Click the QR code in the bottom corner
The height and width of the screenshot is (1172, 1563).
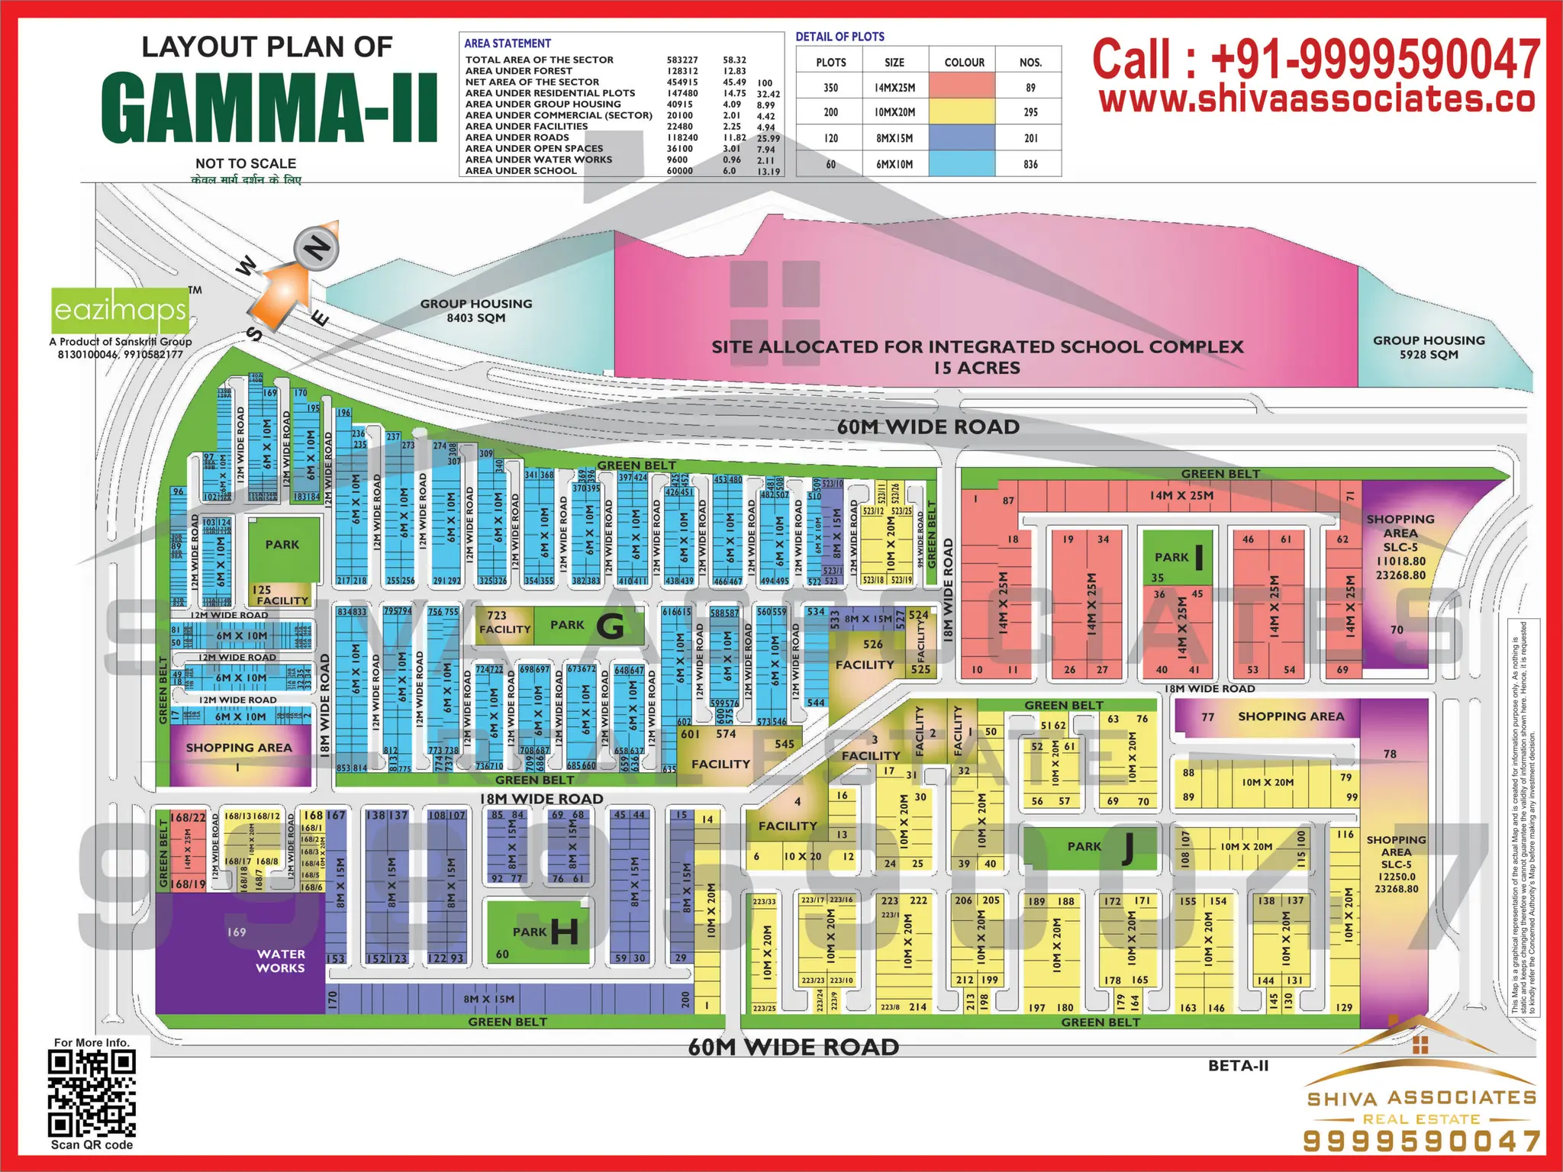[92, 1093]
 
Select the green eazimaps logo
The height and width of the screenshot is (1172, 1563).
[120, 311]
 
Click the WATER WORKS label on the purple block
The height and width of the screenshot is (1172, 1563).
[281, 961]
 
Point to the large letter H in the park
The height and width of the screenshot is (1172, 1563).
[564, 932]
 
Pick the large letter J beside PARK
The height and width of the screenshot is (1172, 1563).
[1127, 848]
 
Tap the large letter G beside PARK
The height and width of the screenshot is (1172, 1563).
[610, 626]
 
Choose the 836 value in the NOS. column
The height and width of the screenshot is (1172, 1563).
[1030, 164]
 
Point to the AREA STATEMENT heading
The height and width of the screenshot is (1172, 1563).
[508, 43]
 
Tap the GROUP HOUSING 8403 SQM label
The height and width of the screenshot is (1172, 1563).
[476, 311]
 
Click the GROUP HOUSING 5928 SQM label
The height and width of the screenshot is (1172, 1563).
[1429, 347]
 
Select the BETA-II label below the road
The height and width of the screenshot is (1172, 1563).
[1238, 1066]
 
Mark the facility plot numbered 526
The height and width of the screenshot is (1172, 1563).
[873, 645]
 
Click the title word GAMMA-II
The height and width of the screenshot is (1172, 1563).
[269, 108]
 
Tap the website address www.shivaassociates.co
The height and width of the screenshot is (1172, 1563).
[1316, 100]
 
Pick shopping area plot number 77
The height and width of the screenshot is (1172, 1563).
[1207, 717]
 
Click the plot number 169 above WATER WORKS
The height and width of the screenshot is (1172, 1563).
[237, 932]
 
